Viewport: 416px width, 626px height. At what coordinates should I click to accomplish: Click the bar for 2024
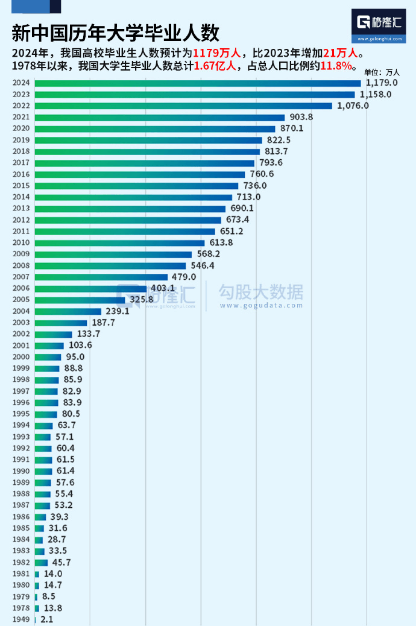pyautogui.click(x=198, y=83)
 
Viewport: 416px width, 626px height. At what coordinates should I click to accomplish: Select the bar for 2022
pyautogui.click(x=183, y=106)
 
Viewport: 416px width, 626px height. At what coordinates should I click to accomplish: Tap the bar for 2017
pyautogui.click(x=145, y=163)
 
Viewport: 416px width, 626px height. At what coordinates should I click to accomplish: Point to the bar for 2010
pyautogui.click(x=120, y=243)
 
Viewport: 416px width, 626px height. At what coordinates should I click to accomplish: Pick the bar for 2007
pyautogui.click(x=101, y=277)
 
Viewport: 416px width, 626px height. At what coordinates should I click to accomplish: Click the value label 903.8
pyautogui.click(x=302, y=117)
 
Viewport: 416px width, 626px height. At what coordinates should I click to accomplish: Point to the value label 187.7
pyautogui.click(x=104, y=323)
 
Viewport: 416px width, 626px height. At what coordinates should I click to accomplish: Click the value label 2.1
pyautogui.click(x=46, y=619)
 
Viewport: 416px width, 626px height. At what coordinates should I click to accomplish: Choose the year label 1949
pyautogui.click(x=20, y=619)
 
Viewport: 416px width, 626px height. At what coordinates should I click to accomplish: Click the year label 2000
pyautogui.click(x=20, y=357)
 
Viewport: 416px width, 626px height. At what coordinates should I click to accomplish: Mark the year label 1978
pyautogui.click(x=20, y=608)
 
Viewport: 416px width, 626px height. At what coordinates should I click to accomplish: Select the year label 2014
pyautogui.click(x=20, y=197)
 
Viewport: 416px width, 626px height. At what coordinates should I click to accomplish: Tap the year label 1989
pyautogui.click(x=20, y=482)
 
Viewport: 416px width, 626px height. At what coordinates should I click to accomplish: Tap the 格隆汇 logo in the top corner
pyautogui.click(x=379, y=24)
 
